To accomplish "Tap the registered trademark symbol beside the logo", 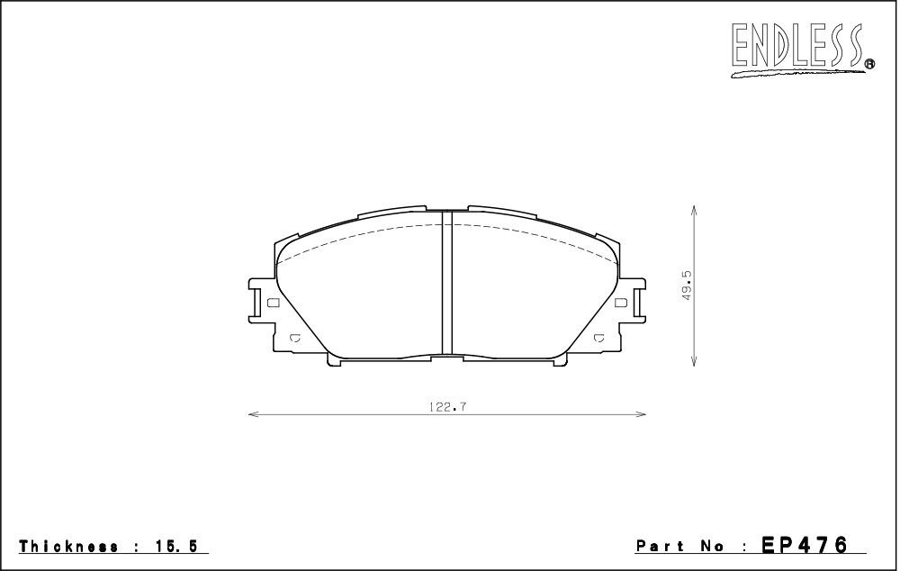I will [x=870, y=64].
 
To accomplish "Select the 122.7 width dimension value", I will [x=446, y=406].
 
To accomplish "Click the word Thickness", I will [x=64, y=547].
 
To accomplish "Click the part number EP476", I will [x=805, y=546].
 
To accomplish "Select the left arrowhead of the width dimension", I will [x=253, y=415].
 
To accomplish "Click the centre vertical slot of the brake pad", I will [x=446, y=285].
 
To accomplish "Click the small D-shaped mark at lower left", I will [x=295, y=340].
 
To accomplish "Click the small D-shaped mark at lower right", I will [x=598, y=340].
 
